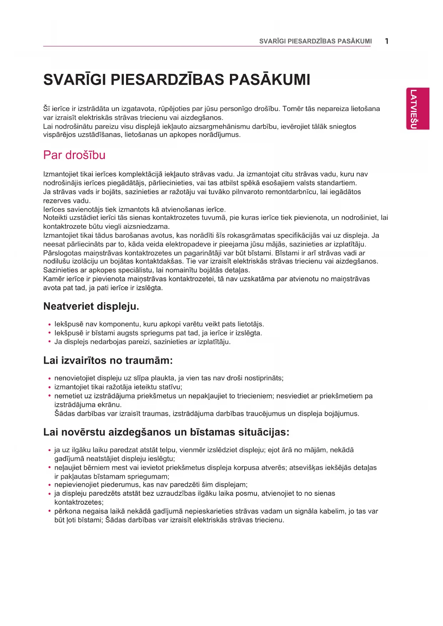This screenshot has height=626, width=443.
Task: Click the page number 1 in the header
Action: coord(387,41)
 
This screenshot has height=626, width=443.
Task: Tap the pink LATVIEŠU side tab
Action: coord(417,108)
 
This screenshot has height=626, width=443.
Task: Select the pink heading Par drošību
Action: coord(74,155)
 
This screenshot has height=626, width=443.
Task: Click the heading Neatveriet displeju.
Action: coord(91,306)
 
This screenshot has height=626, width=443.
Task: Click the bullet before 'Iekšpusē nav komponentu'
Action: coord(50,325)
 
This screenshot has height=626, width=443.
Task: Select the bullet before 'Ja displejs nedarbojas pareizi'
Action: coord(50,342)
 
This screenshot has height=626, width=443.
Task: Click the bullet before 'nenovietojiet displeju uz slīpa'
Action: coord(50,379)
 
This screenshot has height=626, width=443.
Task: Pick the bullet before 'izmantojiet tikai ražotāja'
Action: coord(50,387)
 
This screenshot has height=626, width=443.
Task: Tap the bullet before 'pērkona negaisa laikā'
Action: coord(50,511)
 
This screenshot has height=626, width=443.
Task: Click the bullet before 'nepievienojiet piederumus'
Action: coord(50,485)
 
